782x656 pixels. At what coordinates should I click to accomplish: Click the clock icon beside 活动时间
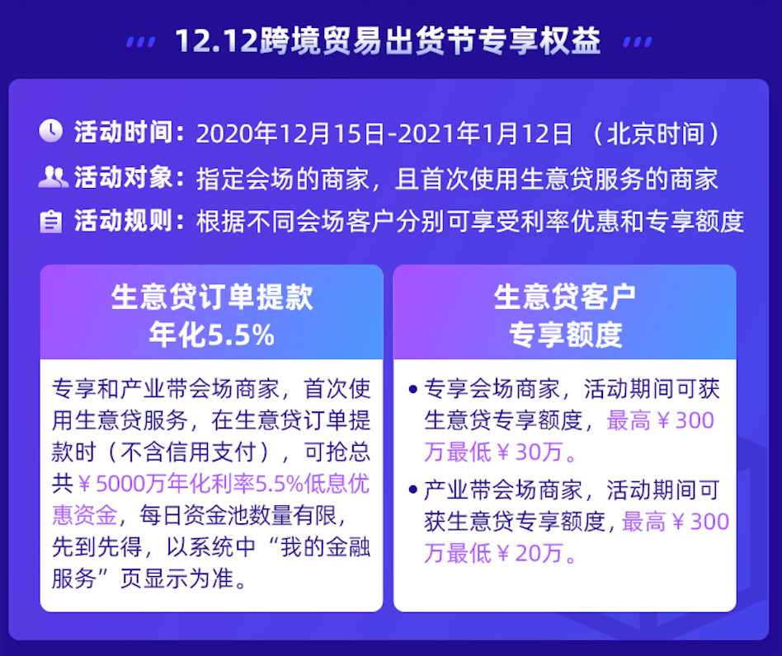(x=50, y=132)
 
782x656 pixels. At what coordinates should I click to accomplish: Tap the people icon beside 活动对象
(x=53, y=176)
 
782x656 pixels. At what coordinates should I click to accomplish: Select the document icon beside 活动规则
(x=51, y=222)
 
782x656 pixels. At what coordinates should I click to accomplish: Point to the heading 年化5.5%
(x=211, y=334)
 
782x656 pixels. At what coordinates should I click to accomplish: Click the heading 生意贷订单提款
(x=212, y=298)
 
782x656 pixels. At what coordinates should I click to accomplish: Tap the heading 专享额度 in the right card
(x=565, y=334)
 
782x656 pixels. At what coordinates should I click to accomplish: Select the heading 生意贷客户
(x=565, y=298)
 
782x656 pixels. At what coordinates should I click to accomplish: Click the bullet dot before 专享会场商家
(x=412, y=387)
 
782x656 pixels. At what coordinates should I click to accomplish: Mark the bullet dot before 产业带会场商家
(x=412, y=489)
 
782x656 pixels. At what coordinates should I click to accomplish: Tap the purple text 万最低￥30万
(x=500, y=452)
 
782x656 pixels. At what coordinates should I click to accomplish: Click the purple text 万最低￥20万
(x=500, y=553)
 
